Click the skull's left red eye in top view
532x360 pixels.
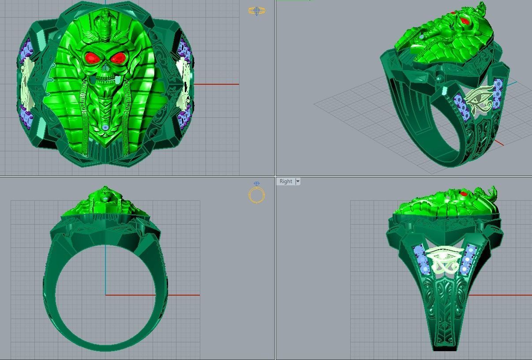[93, 57]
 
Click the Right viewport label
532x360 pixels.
[285, 181]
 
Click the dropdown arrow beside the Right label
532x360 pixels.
[298, 181]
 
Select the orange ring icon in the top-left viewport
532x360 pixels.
[257, 11]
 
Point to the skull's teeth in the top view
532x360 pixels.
[105, 81]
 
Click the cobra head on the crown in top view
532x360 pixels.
[104, 18]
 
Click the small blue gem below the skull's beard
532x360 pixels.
[105, 127]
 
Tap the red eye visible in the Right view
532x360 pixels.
[463, 194]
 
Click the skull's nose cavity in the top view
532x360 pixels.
[105, 70]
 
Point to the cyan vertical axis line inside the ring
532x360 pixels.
[105, 269]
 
